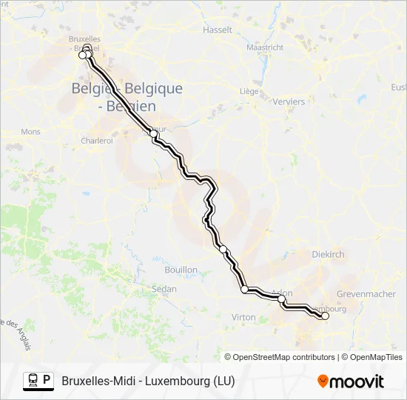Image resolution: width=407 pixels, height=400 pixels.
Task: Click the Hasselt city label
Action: point(218,30)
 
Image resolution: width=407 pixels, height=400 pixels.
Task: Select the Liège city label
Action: point(247,91)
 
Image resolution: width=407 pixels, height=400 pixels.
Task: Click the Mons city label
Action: point(30,131)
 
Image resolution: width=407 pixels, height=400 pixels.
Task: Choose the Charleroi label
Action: point(96,140)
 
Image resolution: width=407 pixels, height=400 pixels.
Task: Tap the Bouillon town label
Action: point(181,270)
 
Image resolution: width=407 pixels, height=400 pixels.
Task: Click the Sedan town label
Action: point(164,288)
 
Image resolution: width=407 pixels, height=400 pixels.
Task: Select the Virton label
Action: point(243,317)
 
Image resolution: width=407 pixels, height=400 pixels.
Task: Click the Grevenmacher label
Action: point(366,294)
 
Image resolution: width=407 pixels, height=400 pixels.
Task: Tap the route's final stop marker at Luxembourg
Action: point(325,316)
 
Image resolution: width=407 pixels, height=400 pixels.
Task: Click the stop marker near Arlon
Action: point(282,299)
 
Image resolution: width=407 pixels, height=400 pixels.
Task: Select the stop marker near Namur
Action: point(154,133)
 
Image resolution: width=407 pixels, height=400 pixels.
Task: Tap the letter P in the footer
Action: point(47,381)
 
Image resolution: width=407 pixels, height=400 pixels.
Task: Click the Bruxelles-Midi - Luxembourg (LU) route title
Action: point(149,381)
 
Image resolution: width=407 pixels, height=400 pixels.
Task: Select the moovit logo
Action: point(351,381)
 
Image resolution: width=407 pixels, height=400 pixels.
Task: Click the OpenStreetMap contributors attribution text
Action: point(283,357)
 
